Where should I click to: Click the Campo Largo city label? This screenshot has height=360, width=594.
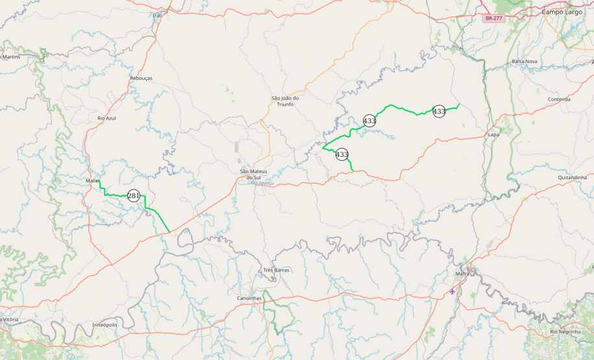[562, 12]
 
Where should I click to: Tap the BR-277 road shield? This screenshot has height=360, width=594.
[493, 18]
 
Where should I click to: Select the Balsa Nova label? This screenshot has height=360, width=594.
[524, 61]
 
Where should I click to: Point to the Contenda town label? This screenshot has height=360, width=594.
[559, 99]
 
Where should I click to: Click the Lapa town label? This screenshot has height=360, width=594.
[493, 134]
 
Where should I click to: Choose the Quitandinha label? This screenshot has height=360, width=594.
[572, 177]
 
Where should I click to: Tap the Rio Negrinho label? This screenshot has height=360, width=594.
[564, 331]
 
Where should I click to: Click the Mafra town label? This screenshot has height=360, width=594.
[462, 274]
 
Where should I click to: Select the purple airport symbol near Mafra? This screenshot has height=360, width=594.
[452, 291]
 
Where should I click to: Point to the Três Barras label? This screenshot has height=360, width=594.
[277, 270]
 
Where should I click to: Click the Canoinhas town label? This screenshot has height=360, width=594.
[249, 298]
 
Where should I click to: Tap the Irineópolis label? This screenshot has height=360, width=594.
[105, 324]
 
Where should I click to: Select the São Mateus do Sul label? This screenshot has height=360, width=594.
[254, 174]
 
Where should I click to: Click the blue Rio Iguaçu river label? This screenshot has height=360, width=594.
[262, 183]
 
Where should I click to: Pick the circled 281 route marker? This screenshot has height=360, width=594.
[134, 195]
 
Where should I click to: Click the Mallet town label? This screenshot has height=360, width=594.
[92, 180]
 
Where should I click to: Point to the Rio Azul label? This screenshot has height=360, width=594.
[106, 118]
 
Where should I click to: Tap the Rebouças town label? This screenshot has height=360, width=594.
[141, 78]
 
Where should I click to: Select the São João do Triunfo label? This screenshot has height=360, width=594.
[285, 101]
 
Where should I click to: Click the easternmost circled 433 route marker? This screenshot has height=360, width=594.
[439, 112]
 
